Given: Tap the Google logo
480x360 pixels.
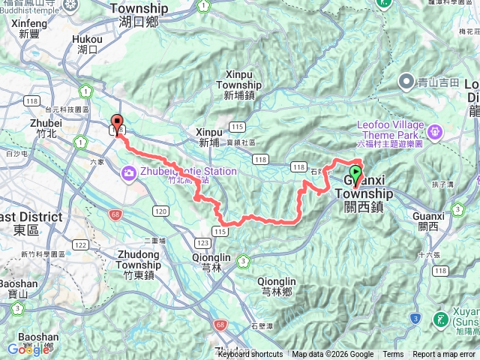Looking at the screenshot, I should coord(28,349).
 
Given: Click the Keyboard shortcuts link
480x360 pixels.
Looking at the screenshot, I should coord(250,355).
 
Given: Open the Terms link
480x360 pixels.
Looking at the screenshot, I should coord(392,355).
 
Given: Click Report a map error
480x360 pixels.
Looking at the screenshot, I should coord(444,355).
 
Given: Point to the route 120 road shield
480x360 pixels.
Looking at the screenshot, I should coord(160,213).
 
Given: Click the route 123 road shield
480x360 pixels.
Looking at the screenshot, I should coord(202,243).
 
